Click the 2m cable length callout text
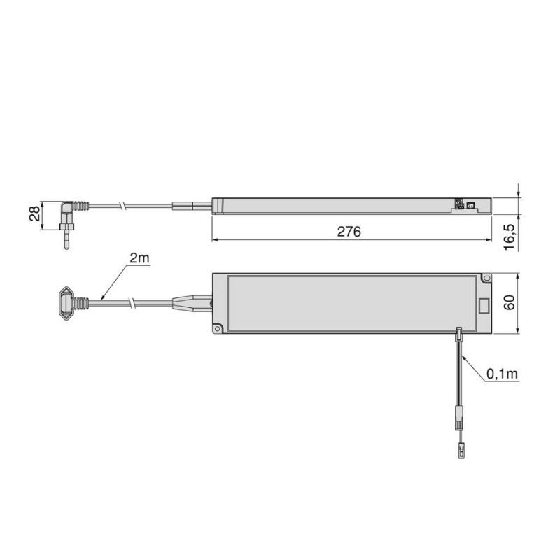(139, 258)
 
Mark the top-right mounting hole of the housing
(486, 280)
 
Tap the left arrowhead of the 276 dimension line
(214, 240)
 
